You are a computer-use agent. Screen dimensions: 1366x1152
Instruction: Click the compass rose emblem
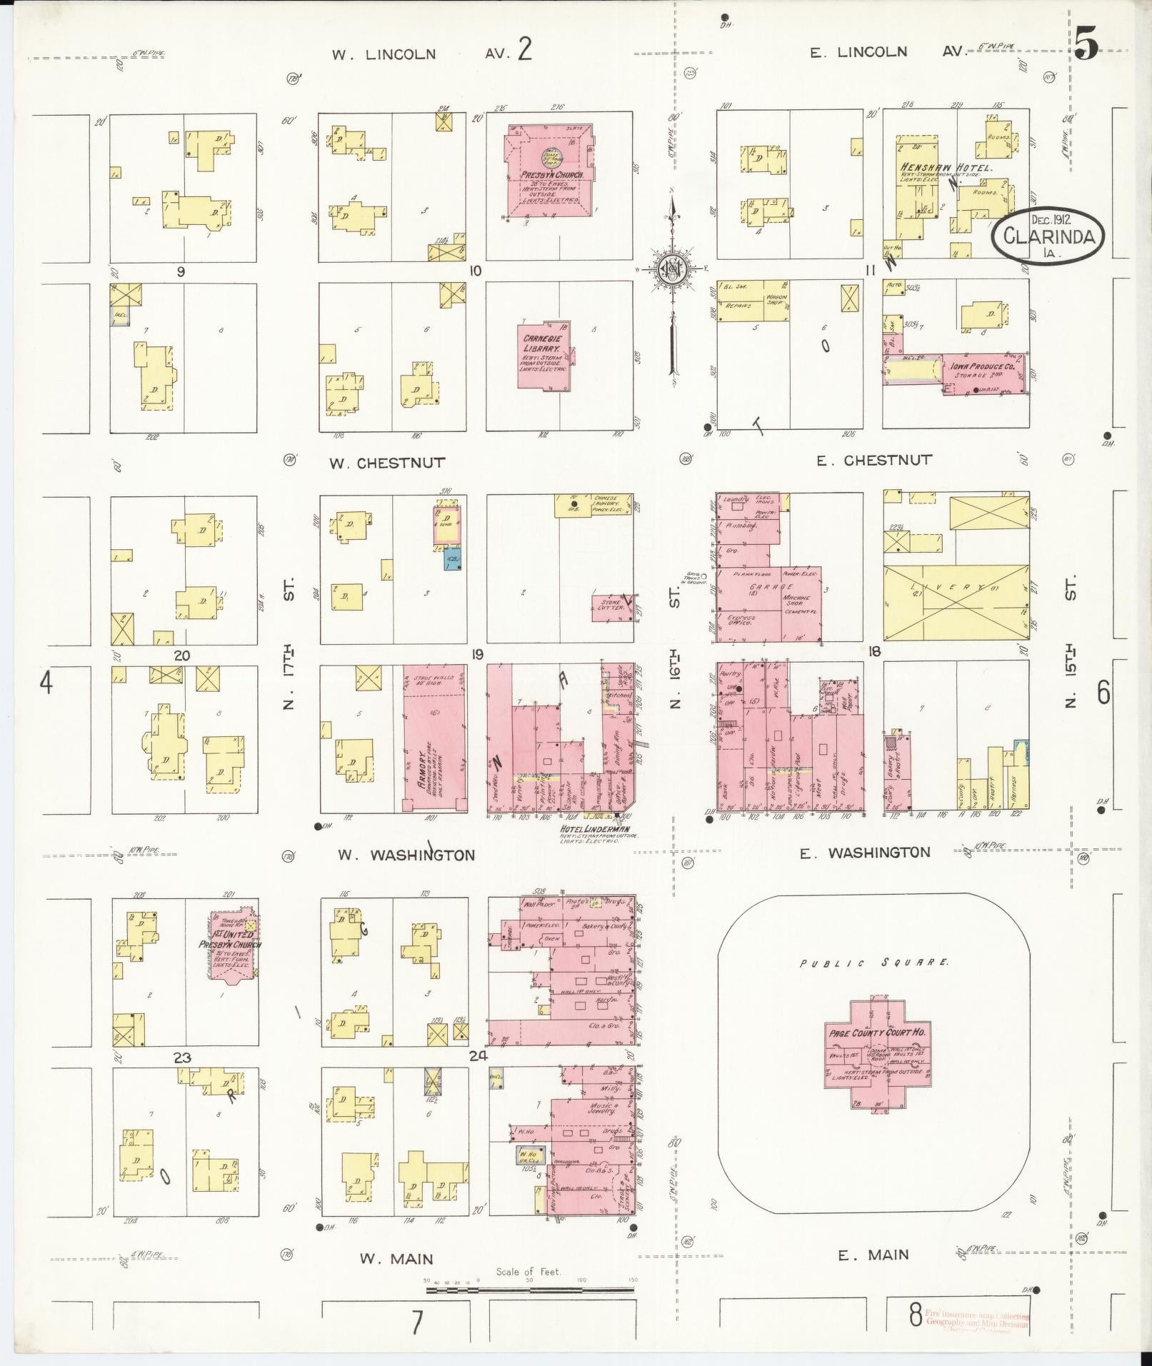[672, 270]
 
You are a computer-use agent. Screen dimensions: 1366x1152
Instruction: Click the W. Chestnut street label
[386, 463]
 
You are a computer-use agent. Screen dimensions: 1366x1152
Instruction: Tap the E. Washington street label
[864, 853]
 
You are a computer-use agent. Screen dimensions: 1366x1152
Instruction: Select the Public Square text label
[874, 963]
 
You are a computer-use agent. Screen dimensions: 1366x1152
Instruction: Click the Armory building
[434, 739]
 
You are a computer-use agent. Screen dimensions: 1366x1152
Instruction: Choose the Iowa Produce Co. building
[986, 373]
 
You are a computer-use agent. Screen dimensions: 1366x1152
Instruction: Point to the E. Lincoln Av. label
[887, 51]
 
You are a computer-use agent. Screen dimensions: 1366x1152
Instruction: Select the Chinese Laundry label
[608, 501]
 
